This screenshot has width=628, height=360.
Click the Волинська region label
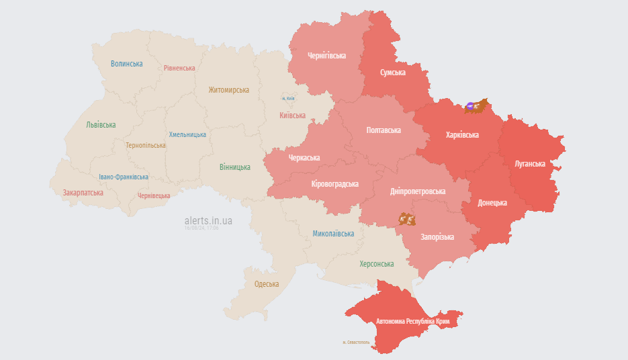coord(127,64)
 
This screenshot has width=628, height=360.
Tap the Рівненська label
coord(179,68)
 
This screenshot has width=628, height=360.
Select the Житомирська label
coord(228,90)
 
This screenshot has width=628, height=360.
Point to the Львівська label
coord(101,125)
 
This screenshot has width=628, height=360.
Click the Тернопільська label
coord(145,145)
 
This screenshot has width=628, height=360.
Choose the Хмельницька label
coord(187,134)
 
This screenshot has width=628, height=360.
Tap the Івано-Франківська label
coord(124,177)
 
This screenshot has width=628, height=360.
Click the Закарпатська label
coord(83,193)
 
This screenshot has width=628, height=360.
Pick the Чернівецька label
coord(153,195)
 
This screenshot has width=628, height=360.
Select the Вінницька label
coord(234,167)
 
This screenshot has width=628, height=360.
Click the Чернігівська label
coord(326,56)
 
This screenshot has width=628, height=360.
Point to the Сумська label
coord(392,73)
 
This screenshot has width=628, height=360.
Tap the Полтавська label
coord(384,130)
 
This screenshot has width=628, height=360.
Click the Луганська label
coord(529,163)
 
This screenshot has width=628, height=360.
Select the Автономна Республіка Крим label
coord(412,322)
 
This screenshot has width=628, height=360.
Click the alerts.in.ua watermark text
coord(208,220)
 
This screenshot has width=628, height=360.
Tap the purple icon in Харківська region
coord(472,105)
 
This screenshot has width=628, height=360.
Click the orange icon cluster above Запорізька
coord(406,219)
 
